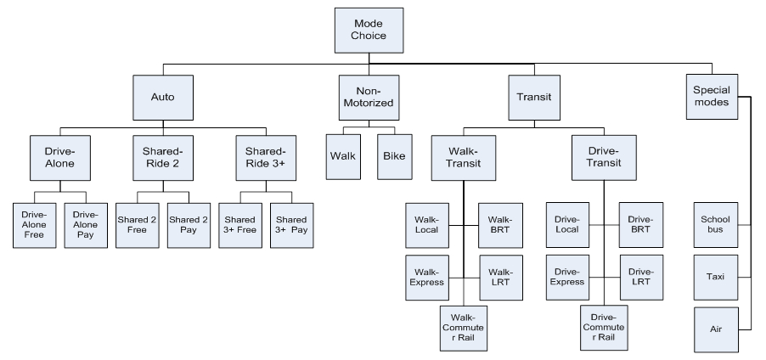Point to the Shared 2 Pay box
click(188, 224)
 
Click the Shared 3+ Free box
click(239, 224)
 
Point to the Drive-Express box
click(566, 277)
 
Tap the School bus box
click(714, 225)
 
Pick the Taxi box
click(714, 277)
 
